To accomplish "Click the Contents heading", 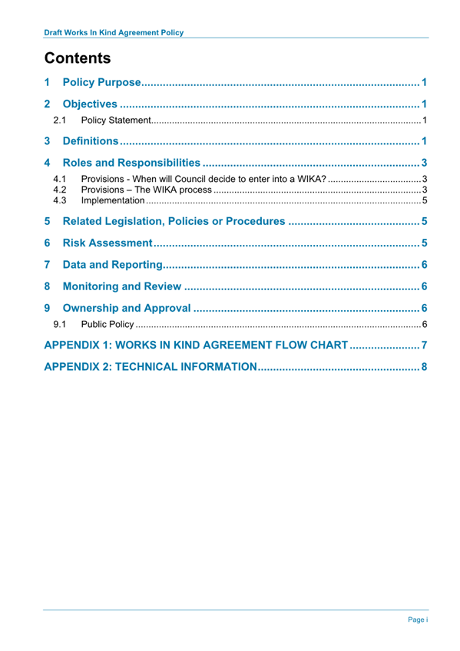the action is (x=78, y=58).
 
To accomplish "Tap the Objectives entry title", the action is (x=90, y=104).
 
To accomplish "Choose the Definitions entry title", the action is (x=91, y=141).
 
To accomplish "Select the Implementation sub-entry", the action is (x=113, y=200).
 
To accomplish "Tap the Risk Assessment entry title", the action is (x=107, y=244).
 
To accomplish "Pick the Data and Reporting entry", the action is (x=112, y=266).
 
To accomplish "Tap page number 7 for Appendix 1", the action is (x=423, y=345).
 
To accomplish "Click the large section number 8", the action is (x=48, y=287).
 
